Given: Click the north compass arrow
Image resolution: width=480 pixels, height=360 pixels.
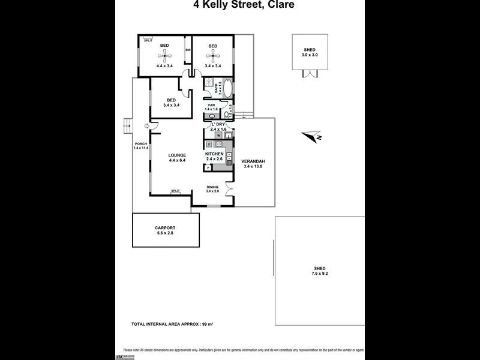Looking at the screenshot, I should (x=313, y=136).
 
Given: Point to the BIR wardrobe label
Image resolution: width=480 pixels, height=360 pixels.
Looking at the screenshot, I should (x=188, y=50).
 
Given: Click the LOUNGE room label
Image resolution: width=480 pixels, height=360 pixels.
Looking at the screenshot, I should (x=177, y=155).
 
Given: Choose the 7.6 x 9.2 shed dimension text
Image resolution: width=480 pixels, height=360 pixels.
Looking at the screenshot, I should (x=319, y=274).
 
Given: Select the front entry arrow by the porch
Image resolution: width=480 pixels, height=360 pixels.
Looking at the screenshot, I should (x=147, y=125).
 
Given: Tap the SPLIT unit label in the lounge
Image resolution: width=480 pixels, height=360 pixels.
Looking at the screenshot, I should (x=176, y=191).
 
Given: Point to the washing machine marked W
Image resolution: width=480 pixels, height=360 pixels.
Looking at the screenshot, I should (x=219, y=136).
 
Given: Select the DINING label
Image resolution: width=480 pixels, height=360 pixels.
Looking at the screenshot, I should (x=212, y=187).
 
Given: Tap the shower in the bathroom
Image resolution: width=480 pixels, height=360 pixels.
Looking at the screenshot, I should (x=209, y=84).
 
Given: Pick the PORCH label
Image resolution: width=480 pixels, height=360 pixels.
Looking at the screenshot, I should (x=140, y=143).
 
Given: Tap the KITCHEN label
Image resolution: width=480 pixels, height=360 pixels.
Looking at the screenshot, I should (x=214, y=154).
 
